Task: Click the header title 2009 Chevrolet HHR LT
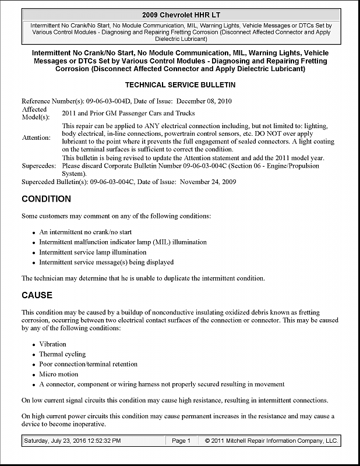[x=180, y=14]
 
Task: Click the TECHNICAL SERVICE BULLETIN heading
[x=180, y=84]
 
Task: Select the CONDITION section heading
[x=46, y=199]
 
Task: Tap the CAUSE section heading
[x=37, y=295]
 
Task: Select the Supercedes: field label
[x=39, y=165]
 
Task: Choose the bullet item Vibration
[x=52, y=344]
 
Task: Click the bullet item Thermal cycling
[x=62, y=354]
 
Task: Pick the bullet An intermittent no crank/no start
[x=85, y=232]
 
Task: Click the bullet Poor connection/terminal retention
[x=88, y=364]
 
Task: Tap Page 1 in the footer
[x=181, y=441]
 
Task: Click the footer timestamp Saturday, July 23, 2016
[x=72, y=441]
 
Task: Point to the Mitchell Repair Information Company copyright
[x=271, y=441]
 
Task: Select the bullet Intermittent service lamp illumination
[x=93, y=252]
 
